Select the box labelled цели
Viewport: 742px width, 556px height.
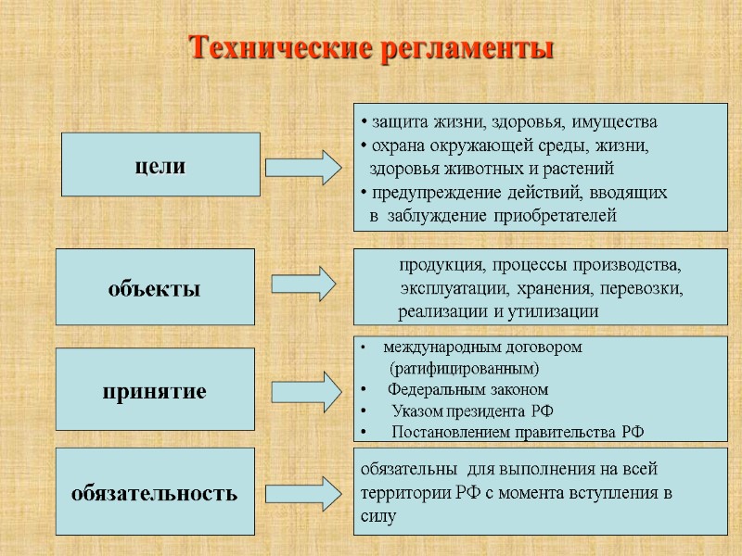click(160, 165)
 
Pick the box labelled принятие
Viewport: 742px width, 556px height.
click(155, 391)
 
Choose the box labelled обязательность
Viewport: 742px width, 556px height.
click(155, 492)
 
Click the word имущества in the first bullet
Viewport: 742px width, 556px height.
click(615, 121)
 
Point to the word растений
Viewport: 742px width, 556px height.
click(582, 170)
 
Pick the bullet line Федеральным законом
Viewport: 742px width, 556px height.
click(467, 390)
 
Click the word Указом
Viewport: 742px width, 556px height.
click(417, 411)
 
